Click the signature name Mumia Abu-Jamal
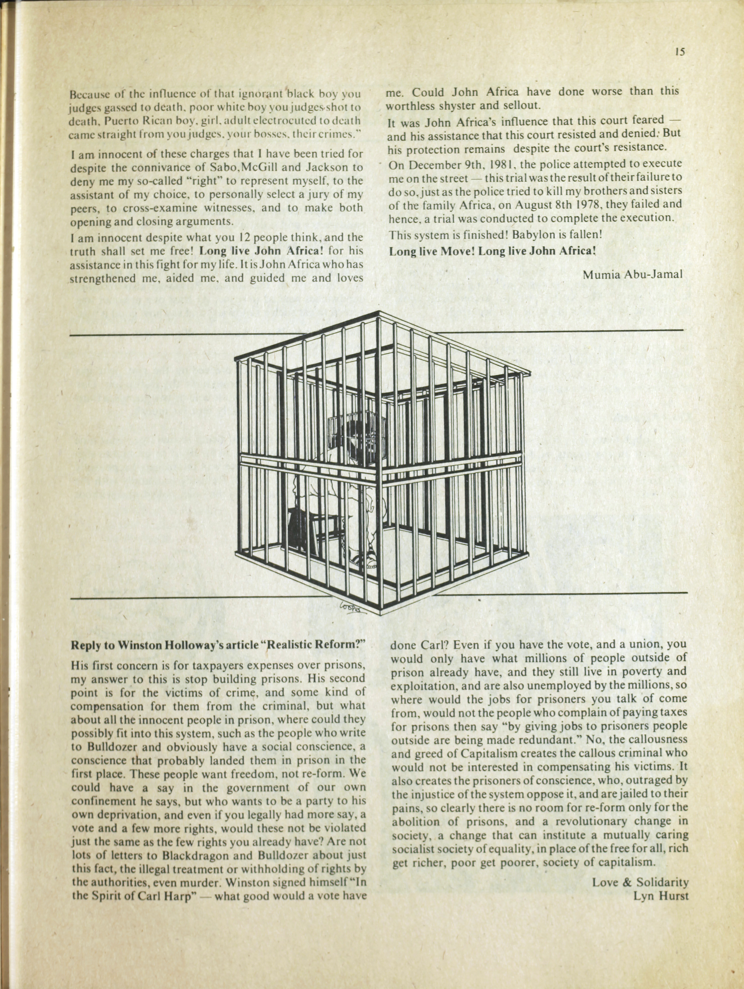(x=632, y=274)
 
